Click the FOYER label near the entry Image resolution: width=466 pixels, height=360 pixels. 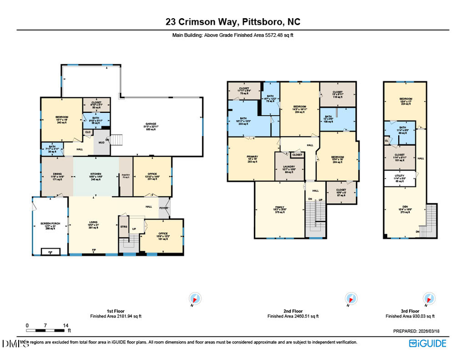tap(164, 209)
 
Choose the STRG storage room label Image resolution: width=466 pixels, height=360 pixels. tap(124, 226)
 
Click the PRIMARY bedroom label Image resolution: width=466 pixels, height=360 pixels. tap(252, 159)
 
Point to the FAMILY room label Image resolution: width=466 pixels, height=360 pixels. tap(280, 209)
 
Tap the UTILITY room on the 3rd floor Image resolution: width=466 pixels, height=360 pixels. tap(400, 178)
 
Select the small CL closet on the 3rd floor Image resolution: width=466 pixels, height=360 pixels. tap(387, 140)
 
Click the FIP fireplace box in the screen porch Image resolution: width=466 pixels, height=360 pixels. tap(50, 252)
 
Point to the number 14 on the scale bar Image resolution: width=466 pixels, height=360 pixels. tap(66, 325)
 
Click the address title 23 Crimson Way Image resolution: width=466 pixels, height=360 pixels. tap(232, 22)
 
